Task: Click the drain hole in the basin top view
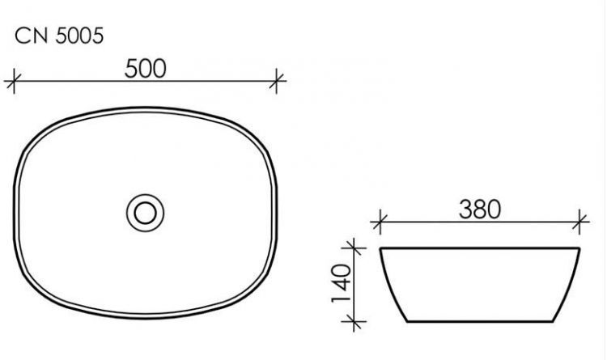pos(146,213)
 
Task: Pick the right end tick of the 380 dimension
pos(579,220)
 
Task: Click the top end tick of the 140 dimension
pos(351,247)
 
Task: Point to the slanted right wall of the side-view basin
pos(571,287)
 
